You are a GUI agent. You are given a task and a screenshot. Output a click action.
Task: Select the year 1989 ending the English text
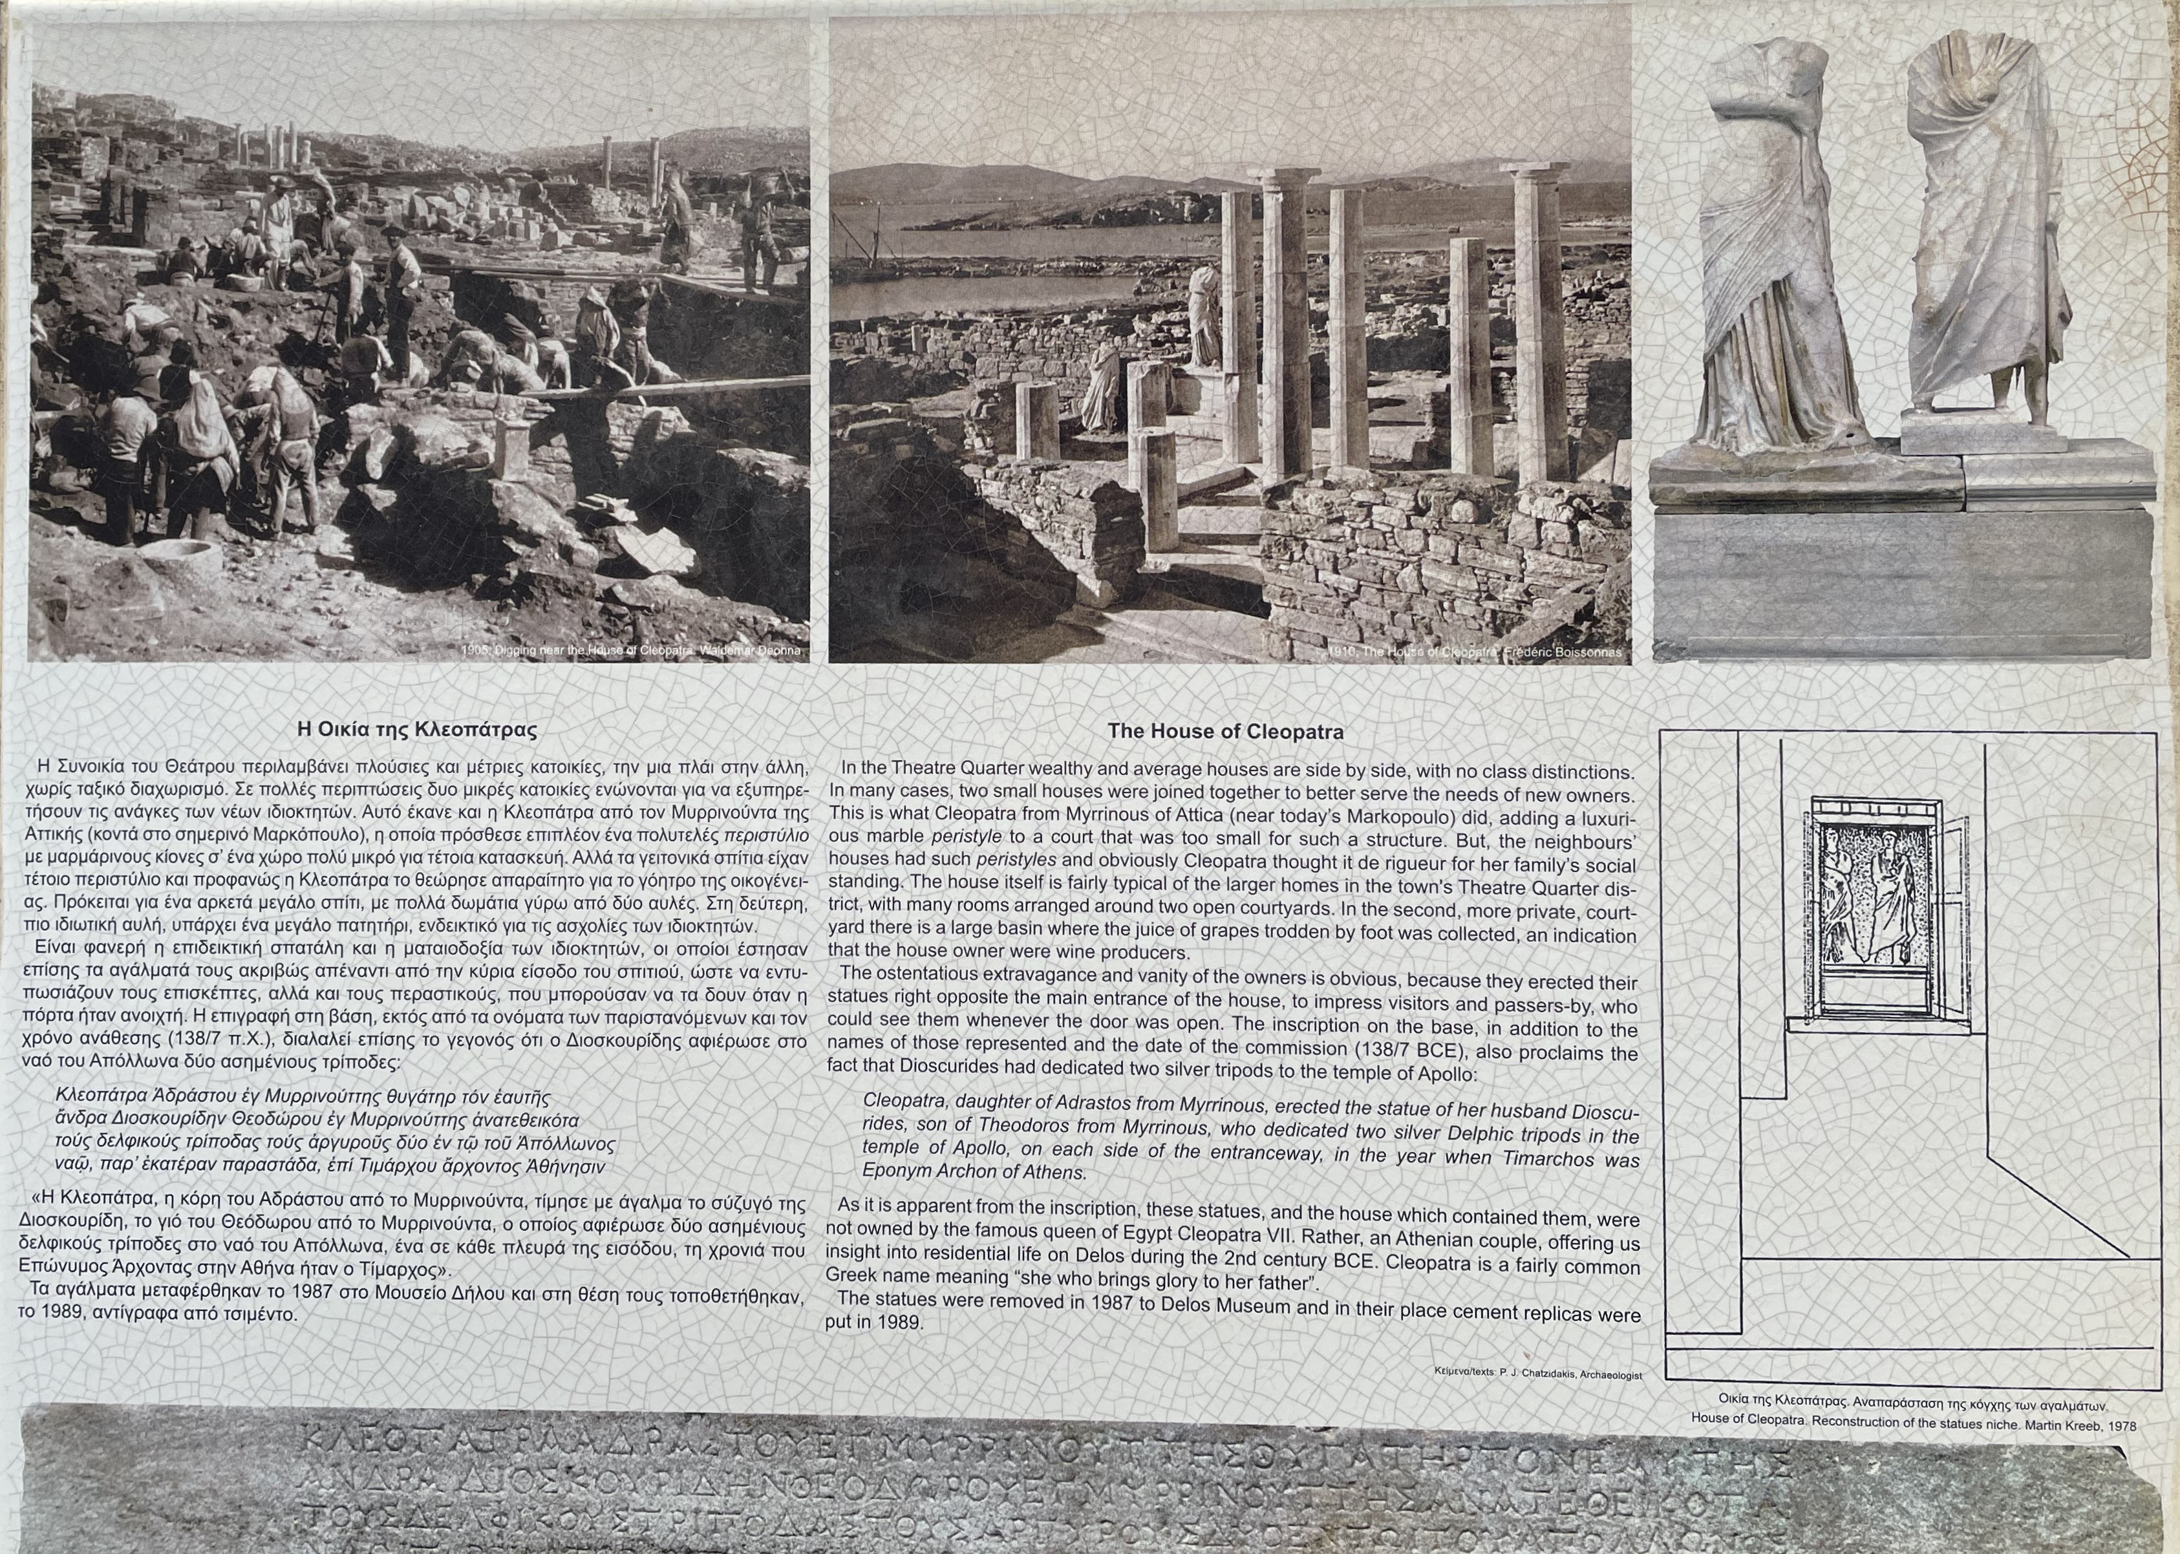coord(899,1323)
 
